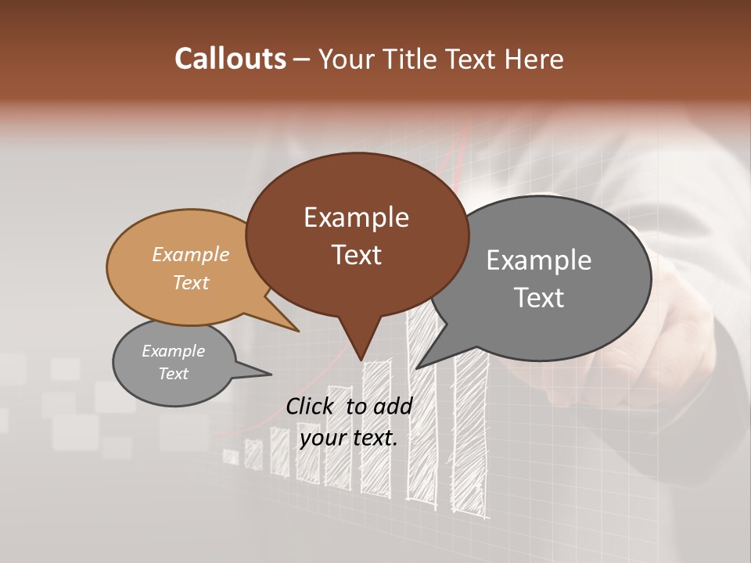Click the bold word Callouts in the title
[x=230, y=59]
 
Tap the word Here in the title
[x=536, y=59]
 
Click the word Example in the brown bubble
[x=356, y=217]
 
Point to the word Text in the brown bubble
[x=356, y=255]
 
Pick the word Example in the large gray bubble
[x=539, y=260]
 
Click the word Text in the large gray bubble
[x=539, y=297]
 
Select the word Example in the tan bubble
[x=191, y=254]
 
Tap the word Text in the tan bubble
[x=191, y=282]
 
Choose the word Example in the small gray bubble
[x=173, y=351]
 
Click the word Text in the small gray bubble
[x=173, y=374]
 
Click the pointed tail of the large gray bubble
[x=423, y=362]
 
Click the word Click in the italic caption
[x=310, y=406]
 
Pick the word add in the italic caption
[x=393, y=406]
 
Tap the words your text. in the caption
[x=348, y=438]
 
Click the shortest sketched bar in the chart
[x=231, y=457]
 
